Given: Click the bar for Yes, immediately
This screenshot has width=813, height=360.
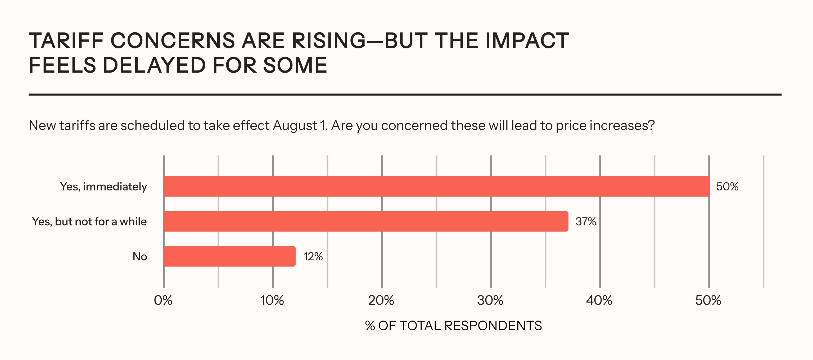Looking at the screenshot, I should [x=436, y=186].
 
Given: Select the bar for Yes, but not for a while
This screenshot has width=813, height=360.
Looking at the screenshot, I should [x=366, y=221].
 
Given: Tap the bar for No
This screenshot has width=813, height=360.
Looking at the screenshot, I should [x=229, y=256].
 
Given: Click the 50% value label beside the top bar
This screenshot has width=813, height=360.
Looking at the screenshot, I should [x=727, y=187].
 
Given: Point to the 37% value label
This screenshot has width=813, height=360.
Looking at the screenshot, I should [x=586, y=222].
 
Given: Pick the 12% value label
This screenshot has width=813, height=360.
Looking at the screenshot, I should [x=313, y=256].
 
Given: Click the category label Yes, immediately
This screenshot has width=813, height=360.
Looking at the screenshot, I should [x=103, y=187].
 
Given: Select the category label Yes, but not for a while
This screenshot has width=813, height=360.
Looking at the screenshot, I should [x=89, y=222].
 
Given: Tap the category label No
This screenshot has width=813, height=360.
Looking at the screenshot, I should [x=140, y=256].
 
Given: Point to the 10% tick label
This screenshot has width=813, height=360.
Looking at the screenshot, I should [x=272, y=300].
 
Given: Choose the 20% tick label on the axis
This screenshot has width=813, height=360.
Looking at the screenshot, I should [x=381, y=300].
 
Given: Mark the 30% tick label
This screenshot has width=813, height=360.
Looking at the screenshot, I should [x=490, y=300].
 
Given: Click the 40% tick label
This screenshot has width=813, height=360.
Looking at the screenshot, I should [x=599, y=300].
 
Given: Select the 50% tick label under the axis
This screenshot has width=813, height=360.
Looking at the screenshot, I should [x=708, y=300].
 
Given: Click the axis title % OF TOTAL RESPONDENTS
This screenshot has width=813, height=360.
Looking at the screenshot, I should [x=453, y=326].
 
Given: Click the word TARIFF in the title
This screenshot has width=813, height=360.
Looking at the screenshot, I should [x=66, y=41].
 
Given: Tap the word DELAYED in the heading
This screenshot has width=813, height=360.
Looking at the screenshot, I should [x=155, y=65].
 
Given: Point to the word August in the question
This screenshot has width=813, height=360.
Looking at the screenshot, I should [x=295, y=126].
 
